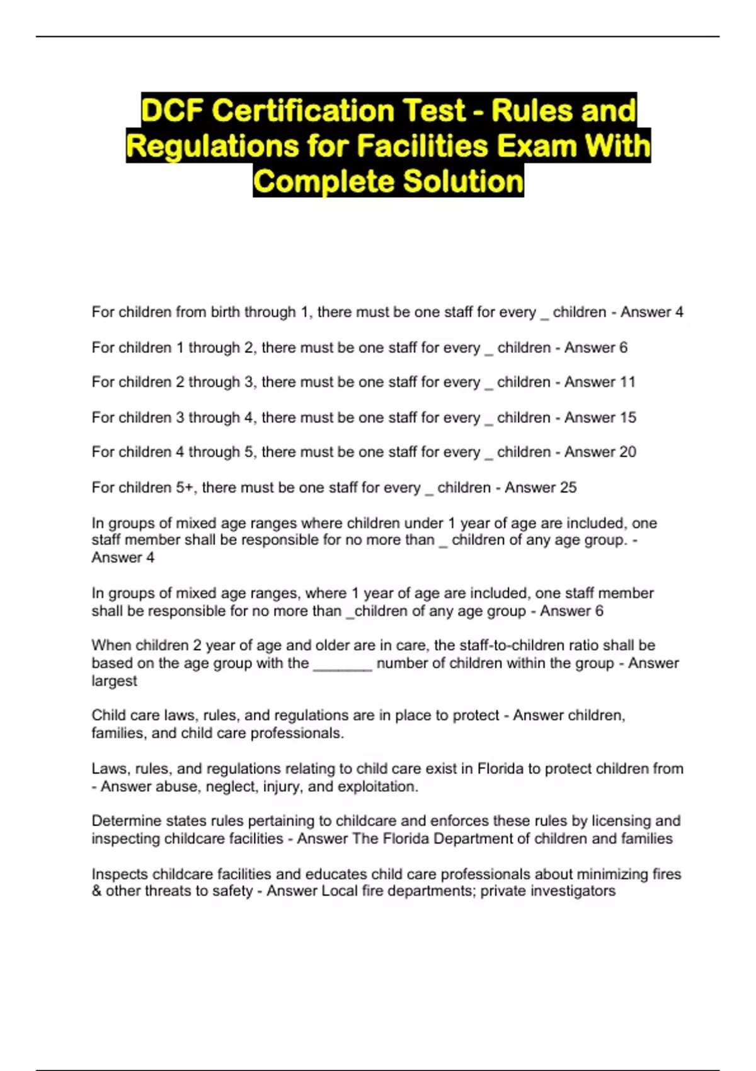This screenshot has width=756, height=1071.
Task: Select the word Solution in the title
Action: coord(463,181)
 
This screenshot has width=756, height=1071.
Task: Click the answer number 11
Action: coord(627,382)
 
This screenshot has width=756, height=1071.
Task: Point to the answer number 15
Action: coord(627,417)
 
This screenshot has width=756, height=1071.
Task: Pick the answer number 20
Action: coord(627,452)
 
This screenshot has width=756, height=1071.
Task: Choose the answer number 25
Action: coord(568,487)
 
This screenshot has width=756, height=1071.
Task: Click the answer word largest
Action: coord(114,681)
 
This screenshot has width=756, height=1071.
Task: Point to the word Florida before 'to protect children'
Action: coord(500,769)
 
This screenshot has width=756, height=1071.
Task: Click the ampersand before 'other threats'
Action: coord(96,891)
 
